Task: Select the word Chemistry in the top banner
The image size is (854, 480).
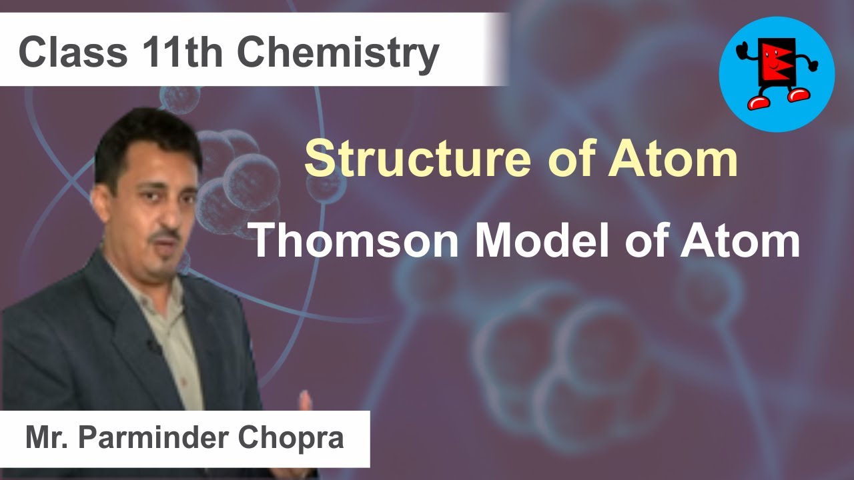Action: click(x=338, y=53)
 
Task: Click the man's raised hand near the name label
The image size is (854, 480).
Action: click(x=305, y=401)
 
